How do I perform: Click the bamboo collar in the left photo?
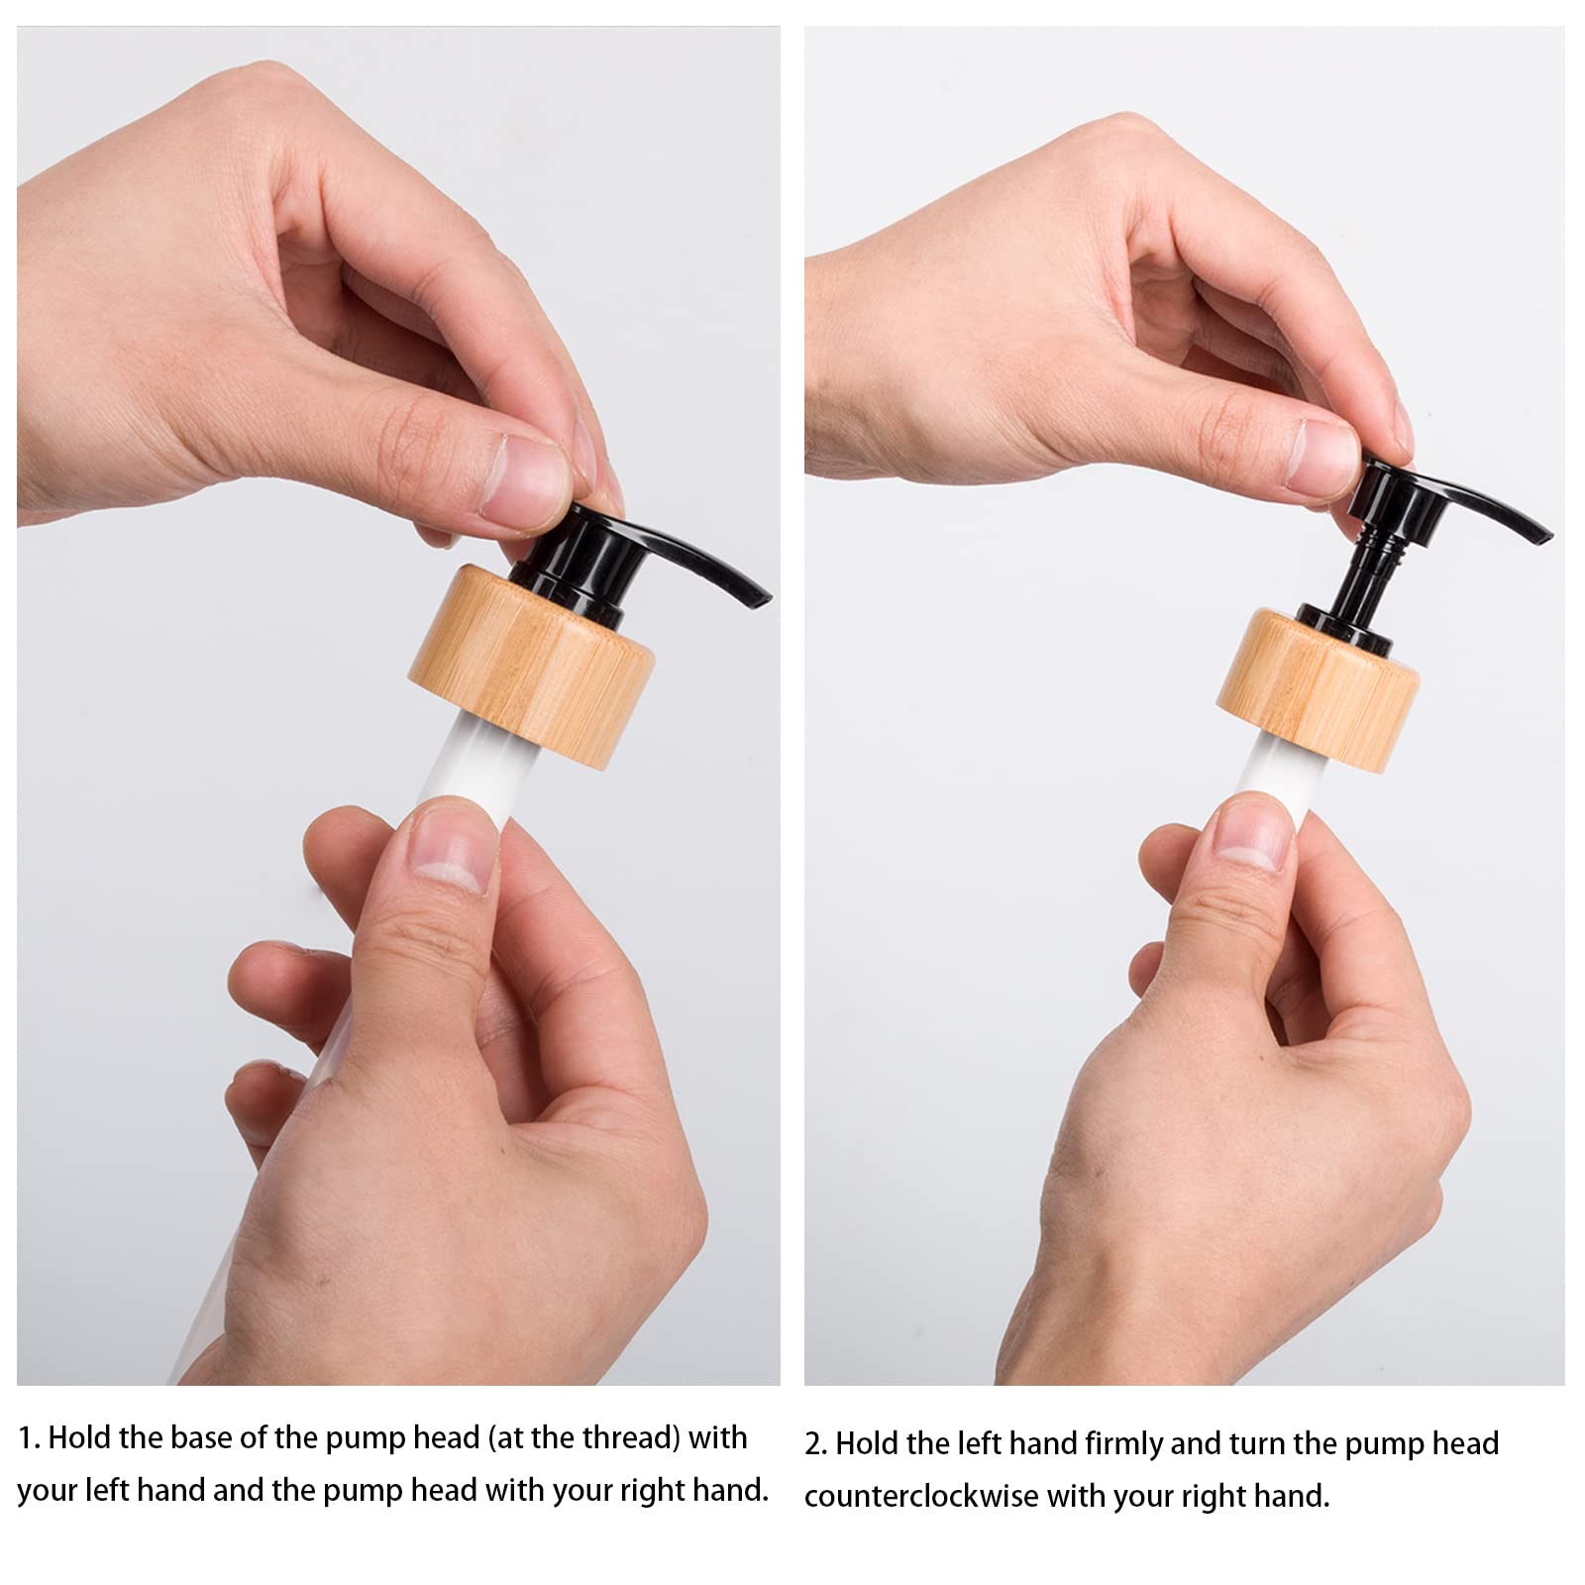pos(530,666)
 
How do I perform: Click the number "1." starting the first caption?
pos(30,1438)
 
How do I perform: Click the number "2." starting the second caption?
pos(816,1444)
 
